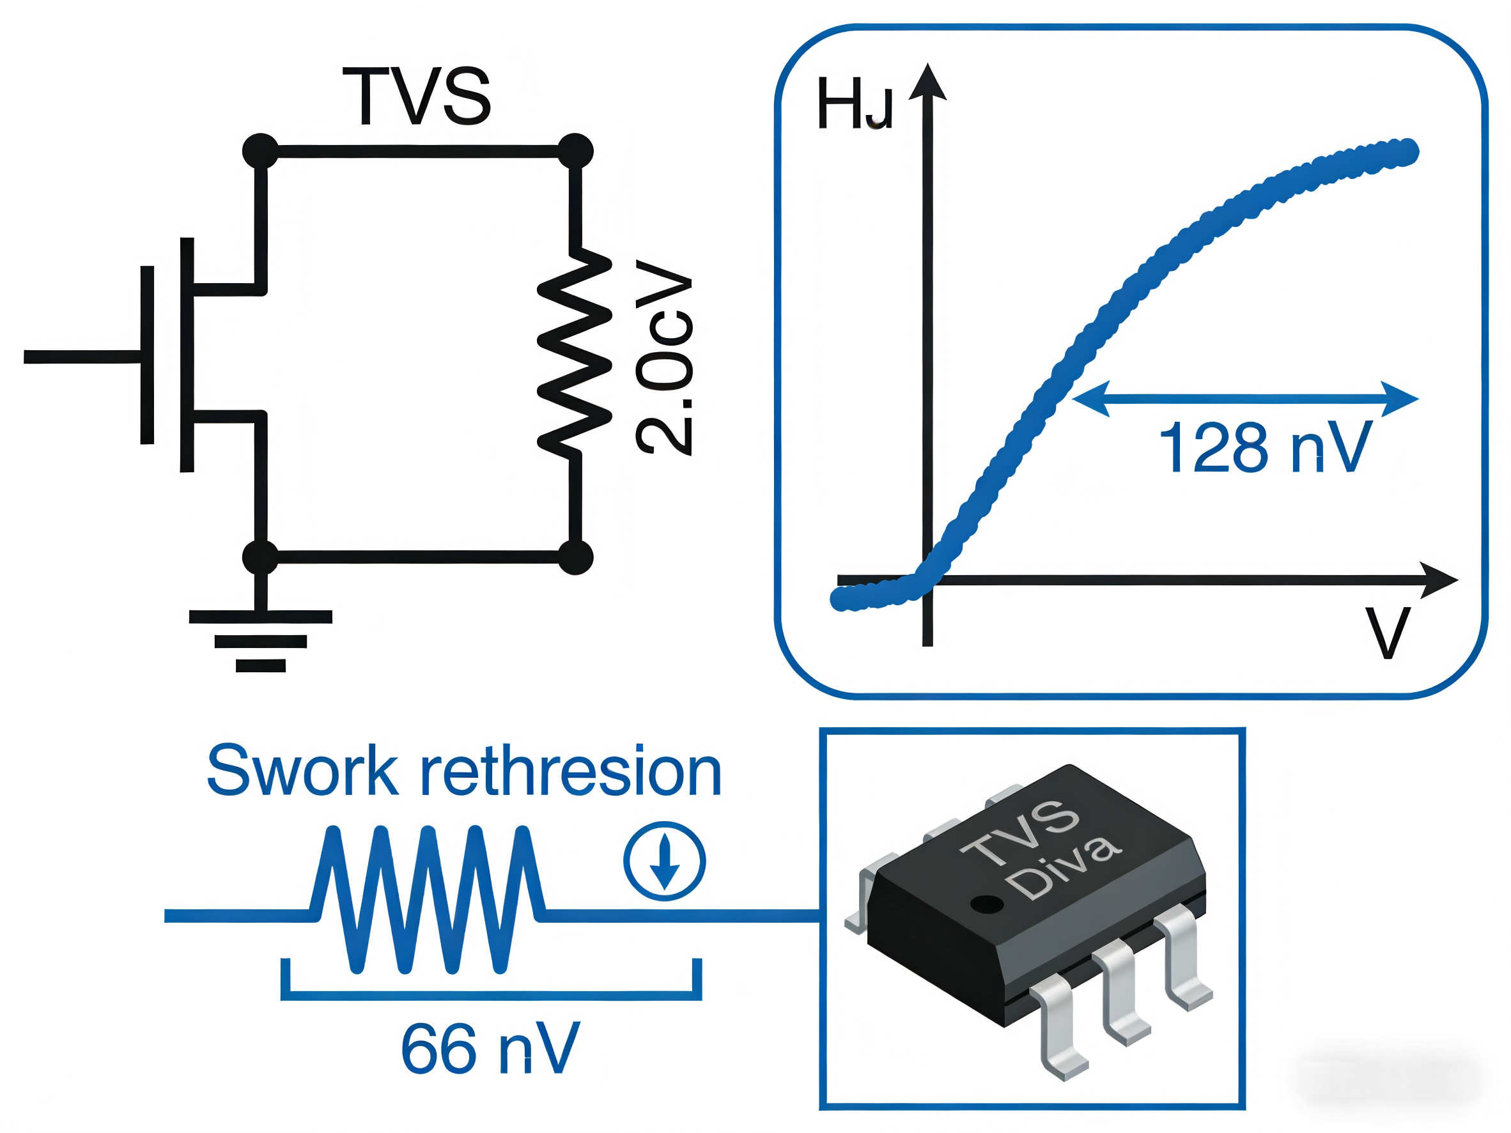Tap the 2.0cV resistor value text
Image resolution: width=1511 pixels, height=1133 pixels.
664,357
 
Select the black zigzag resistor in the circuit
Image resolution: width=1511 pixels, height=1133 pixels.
575,352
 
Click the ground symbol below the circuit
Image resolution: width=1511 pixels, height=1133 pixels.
260,639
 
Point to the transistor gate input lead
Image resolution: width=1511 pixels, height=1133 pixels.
82,357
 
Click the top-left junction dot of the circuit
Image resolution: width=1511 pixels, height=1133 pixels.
260,151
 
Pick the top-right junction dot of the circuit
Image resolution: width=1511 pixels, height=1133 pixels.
575,151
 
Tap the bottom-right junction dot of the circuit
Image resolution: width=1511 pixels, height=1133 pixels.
575,557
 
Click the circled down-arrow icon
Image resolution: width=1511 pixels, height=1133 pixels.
664,861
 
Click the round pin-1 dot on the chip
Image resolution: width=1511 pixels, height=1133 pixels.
987,905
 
